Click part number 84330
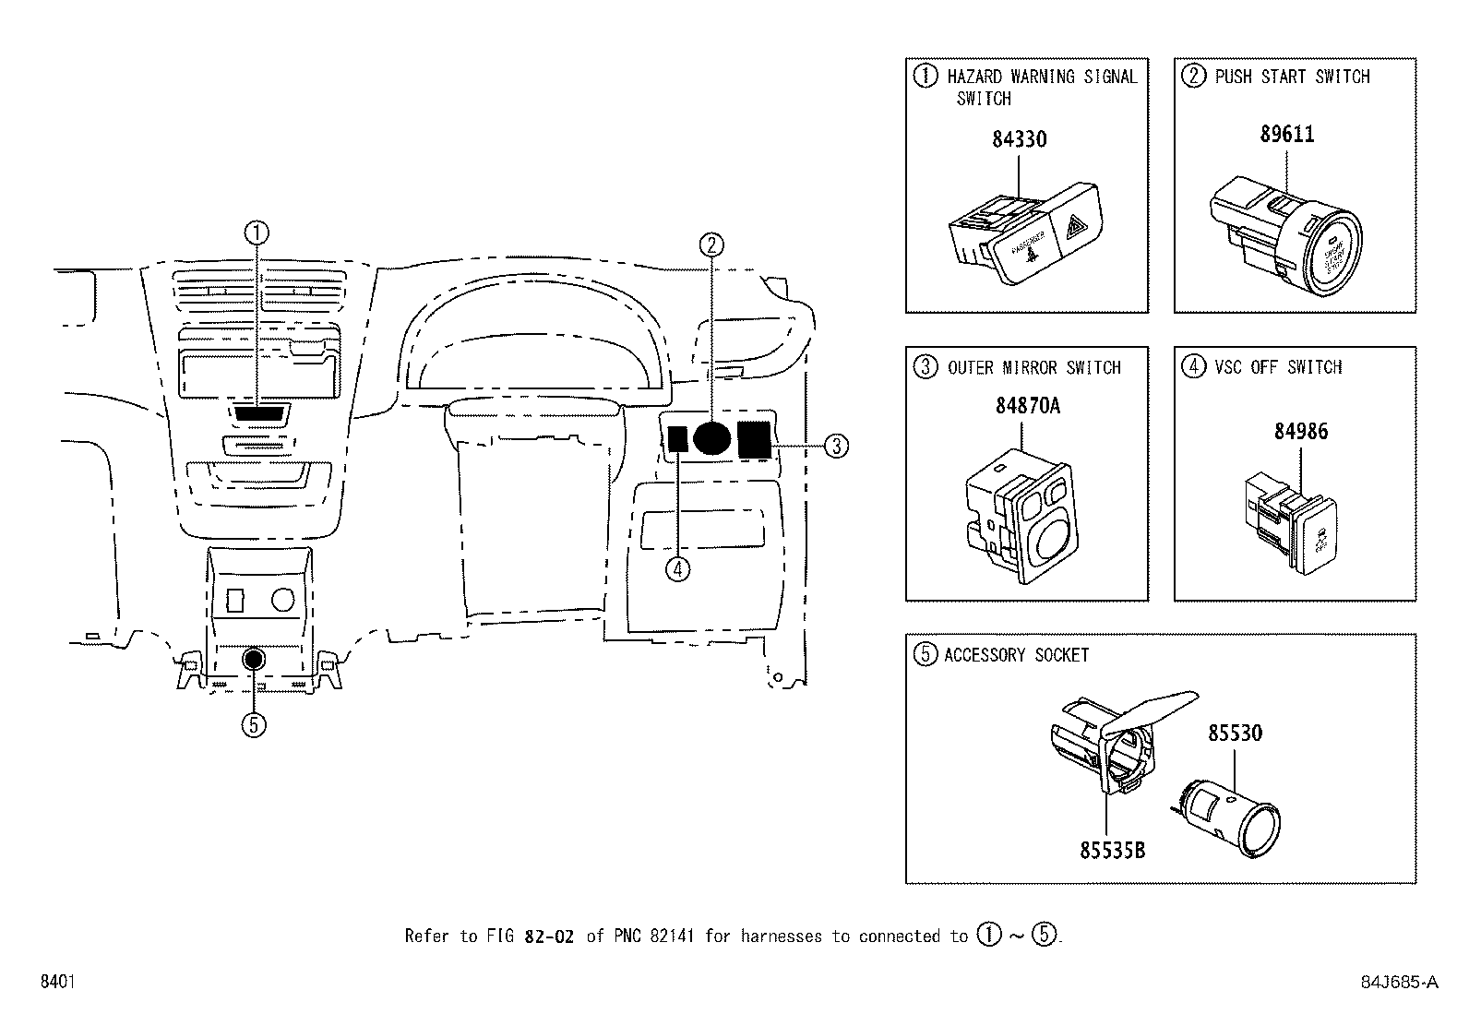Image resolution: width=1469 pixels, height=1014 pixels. point(1019,139)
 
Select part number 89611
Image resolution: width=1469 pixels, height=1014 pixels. point(1287,134)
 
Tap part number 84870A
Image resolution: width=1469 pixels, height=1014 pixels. point(1027,405)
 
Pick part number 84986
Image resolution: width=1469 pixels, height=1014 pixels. point(1301,431)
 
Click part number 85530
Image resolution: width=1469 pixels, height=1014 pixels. point(1236,733)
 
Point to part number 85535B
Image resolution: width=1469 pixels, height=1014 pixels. point(1112,850)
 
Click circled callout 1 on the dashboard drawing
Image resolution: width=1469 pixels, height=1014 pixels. point(257,233)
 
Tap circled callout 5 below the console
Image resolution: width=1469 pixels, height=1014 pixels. point(254,725)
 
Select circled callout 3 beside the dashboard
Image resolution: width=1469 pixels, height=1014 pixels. point(835,447)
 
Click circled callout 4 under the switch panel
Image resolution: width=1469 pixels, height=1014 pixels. point(676,568)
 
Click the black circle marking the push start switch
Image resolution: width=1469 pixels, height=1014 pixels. point(711,437)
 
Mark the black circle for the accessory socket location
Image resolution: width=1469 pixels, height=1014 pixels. point(254,659)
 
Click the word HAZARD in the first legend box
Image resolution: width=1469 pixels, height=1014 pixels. point(974,77)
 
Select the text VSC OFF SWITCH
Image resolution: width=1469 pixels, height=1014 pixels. point(1278,367)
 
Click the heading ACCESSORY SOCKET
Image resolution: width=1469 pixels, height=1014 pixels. point(1016,655)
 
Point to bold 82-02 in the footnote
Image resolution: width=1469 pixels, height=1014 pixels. point(548,936)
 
